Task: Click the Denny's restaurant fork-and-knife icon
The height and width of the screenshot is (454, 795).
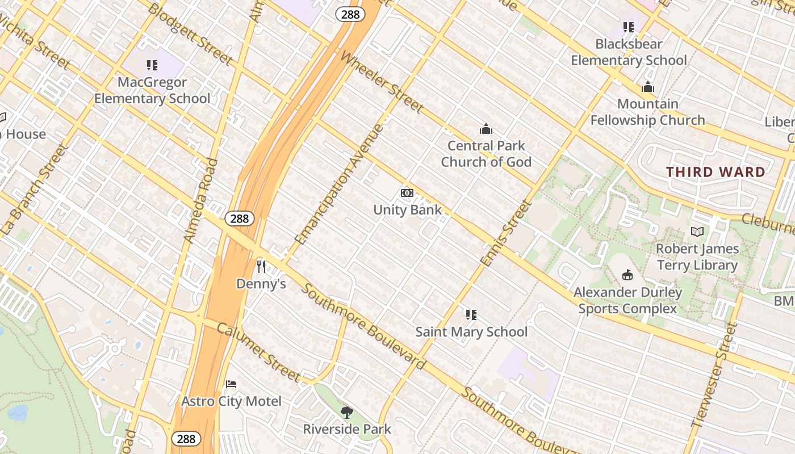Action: (x=261, y=266)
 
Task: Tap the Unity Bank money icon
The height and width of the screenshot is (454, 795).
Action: (x=407, y=193)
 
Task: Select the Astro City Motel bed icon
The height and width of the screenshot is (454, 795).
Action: (x=231, y=384)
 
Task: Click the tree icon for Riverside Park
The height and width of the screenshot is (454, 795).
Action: (x=346, y=412)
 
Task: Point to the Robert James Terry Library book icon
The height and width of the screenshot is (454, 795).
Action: (x=697, y=232)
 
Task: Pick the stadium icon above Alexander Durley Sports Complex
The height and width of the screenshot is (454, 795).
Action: (x=627, y=275)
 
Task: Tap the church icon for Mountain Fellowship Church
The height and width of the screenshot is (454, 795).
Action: (x=647, y=87)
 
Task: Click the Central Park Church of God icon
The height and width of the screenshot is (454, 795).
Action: (x=486, y=129)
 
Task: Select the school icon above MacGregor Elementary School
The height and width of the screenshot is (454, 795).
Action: (x=152, y=65)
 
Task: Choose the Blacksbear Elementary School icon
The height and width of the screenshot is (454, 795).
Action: (x=628, y=27)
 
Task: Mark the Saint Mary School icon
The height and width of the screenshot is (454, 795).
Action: (x=471, y=314)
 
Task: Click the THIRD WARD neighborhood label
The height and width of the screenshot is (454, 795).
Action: (x=715, y=172)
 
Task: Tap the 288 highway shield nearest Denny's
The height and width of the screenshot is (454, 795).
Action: (x=239, y=218)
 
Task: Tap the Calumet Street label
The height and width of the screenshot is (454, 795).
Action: (x=258, y=352)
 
